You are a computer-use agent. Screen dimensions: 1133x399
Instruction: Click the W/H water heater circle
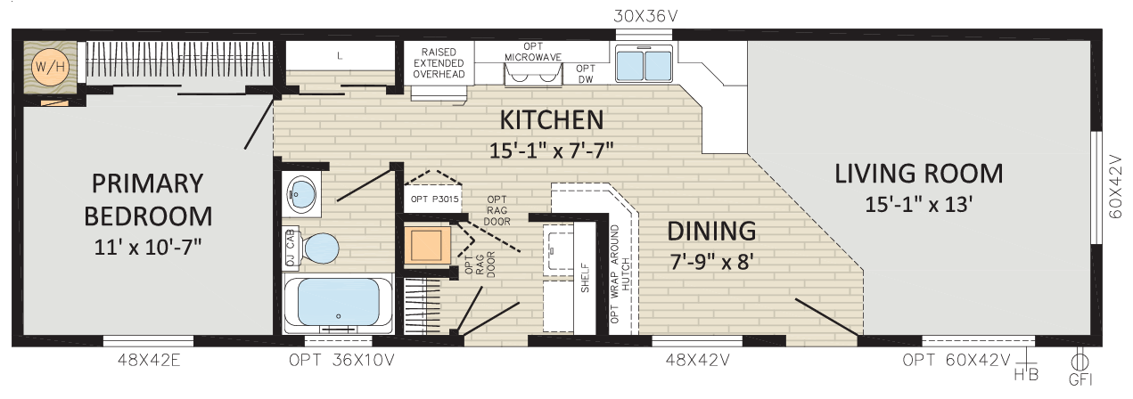(x=50, y=66)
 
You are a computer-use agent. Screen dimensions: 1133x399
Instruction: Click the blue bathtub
(x=338, y=303)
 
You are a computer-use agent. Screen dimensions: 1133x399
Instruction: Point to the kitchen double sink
(x=644, y=63)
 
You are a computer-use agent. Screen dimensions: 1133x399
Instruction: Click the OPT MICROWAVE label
(x=533, y=52)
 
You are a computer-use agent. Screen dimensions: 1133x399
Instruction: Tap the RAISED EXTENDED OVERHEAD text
(x=439, y=63)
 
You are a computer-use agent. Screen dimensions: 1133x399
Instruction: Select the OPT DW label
(x=585, y=74)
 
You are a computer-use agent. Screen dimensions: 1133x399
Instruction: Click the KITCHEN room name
(x=552, y=120)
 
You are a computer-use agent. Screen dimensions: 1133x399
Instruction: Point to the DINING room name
(x=711, y=232)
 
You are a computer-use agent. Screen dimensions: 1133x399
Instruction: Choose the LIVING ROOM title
(x=918, y=174)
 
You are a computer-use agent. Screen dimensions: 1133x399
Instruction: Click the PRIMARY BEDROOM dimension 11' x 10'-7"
(x=148, y=248)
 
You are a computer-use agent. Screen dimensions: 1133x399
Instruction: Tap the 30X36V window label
(x=645, y=17)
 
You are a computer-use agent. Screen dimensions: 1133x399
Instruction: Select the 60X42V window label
(x=1115, y=186)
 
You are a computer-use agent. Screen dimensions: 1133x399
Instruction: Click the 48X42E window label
(x=149, y=360)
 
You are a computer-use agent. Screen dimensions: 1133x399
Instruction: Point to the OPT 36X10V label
(x=341, y=360)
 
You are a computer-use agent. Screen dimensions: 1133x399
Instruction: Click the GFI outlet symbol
(x=1080, y=362)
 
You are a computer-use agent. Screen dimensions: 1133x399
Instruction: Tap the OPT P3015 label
(x=434, y=199)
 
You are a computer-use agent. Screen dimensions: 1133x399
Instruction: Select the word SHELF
(x=585, y=277)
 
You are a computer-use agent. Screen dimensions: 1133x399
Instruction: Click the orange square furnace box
(x=427, y=245)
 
